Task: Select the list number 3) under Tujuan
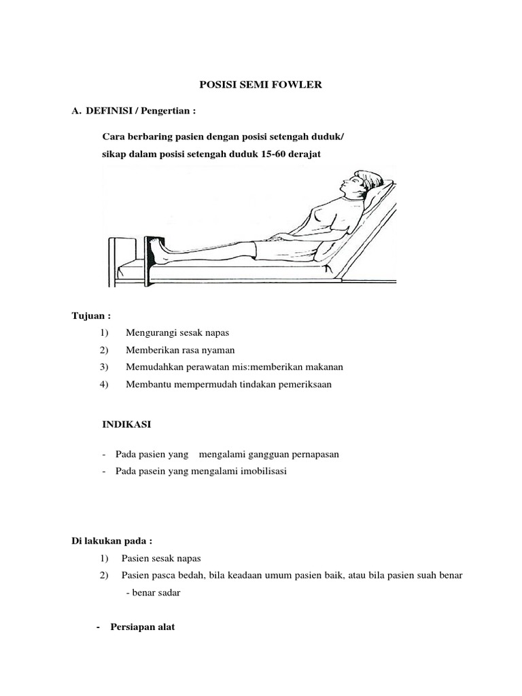tap(103, 367)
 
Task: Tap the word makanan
tap(322, 367)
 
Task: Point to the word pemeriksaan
tap(317, 385)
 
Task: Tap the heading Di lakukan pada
tap(112, 541)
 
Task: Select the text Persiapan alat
tap(143, 627)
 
